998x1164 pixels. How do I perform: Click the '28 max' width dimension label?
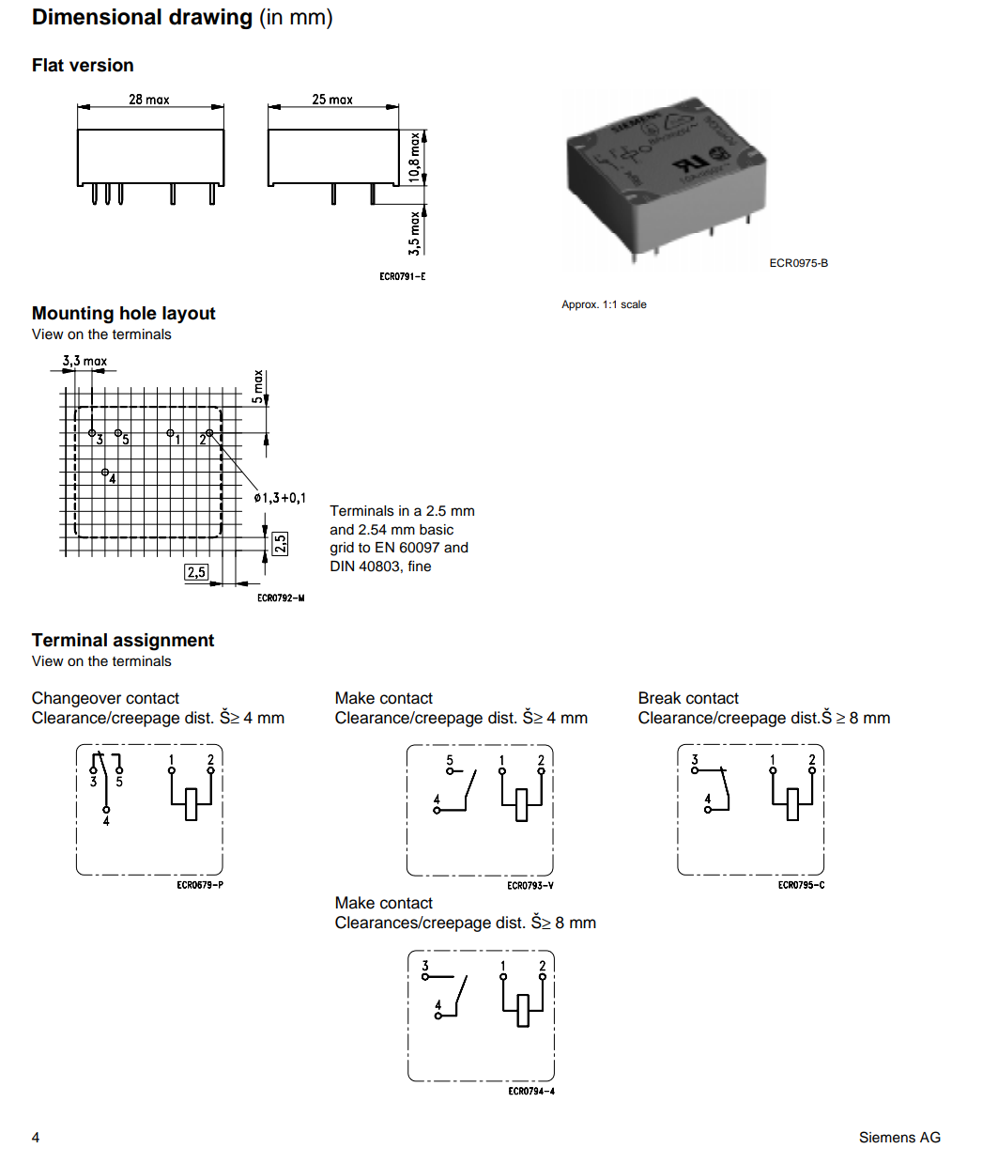click(x=149, y=100)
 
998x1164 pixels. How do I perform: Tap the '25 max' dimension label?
click(x=332, y=100)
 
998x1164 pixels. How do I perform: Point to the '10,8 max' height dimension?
click(x=414, y=156)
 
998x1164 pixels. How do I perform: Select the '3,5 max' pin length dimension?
click(x=414, y=232)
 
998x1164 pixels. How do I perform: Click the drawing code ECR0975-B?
click(x=798, y=263)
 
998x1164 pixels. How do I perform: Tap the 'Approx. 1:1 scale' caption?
click(x=604, y=304)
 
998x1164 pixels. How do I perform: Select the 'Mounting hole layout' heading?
click(x=123, y=314)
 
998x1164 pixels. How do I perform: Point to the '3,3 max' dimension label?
click(x=84, y=361)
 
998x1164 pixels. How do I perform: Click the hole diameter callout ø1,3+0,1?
click(x=280, y=498)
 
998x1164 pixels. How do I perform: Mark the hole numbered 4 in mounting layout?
click(x=105, y=472)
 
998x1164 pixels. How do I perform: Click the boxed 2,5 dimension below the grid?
click(x=196, y=572)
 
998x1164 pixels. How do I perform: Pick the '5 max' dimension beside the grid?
click(x=258, y=386)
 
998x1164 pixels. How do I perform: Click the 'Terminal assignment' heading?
click(x=123, y=641)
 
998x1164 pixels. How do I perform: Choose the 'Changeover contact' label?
click(x=105, y=698)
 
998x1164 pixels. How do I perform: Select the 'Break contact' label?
click(x=688, y=698)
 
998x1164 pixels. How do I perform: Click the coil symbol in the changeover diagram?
click(x=192, y=803)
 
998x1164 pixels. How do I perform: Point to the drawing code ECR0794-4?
click(x=531, y=1092)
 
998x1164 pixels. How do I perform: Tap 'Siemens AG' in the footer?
click(x=899, y=1138)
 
